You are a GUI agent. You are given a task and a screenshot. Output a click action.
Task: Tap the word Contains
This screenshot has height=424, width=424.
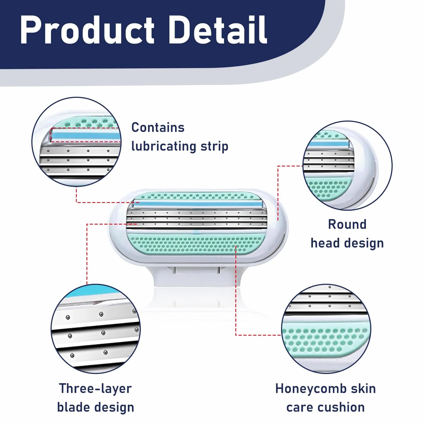(158, 128)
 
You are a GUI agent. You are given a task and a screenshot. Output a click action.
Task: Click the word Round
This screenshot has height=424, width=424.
(347, 224)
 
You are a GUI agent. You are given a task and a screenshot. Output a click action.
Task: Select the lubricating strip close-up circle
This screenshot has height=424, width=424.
(76, 142)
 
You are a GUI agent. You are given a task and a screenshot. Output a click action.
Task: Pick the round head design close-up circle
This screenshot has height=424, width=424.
(348, 165)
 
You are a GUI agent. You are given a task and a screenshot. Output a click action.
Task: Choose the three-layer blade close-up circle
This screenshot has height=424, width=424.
(96, 329)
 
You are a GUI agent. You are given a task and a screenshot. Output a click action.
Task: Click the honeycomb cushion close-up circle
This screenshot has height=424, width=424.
(326, 329)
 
